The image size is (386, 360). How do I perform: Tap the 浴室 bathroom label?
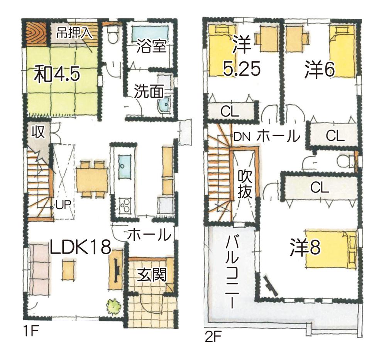pyautogui.click(x=151, y=47)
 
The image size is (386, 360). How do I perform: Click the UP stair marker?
pyautogui.click(x=63, y=204)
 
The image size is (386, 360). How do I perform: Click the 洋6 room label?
pyautogui.click(x=319, y=70)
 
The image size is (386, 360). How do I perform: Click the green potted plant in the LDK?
pyautogui.click(x=113, y=306)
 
